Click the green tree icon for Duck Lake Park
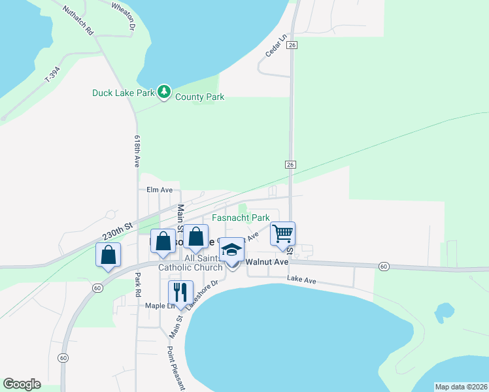tap(165, 92)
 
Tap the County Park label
tap(200, 97)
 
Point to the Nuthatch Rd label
tap(78, 21)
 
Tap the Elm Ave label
tap(160, 189)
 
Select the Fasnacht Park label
tap(241, 218)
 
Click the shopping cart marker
tap(282, 234)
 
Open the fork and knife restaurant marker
tap(180, 292)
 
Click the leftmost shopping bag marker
tap(109, 255)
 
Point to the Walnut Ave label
tap(267, 262)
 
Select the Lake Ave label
tap(301, 280)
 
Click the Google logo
tap(22, 384)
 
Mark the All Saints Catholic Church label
tap(190, 263)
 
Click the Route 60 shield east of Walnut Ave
tap(384, 266)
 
